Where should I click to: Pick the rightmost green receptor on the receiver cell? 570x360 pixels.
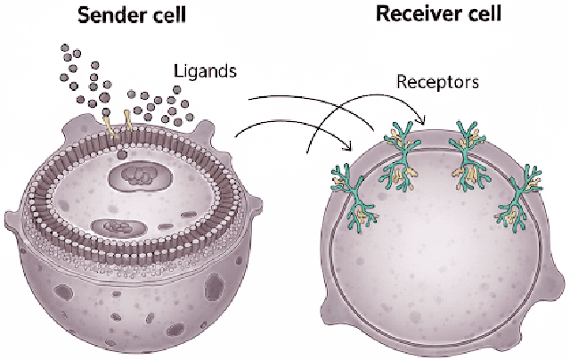(x=521, y=196)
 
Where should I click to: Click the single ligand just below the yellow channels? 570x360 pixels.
(x=120, y=154)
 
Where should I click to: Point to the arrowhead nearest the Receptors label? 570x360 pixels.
(x=426, y=120)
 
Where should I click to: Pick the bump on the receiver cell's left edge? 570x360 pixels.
(x=322, y=303)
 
